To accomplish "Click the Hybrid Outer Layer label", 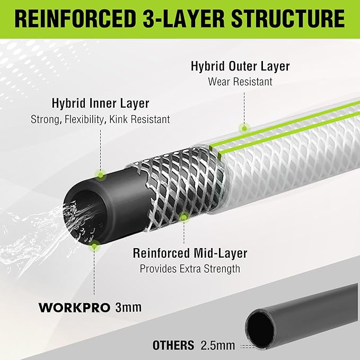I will [x=240, y=66].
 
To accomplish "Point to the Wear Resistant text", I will [x=240, y=82].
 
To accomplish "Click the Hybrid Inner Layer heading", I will [x=100, y=103].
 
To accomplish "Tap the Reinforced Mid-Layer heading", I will [x=190, y=253].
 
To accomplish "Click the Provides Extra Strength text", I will [x=190, y=269].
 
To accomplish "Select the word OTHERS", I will [x=173, y=346].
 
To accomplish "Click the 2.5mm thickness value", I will [x=217, y=346].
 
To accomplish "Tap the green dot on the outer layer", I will [x=244, y=127].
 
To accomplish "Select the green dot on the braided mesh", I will [x=184, y=216].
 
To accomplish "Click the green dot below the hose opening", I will [x=94, y=245].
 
